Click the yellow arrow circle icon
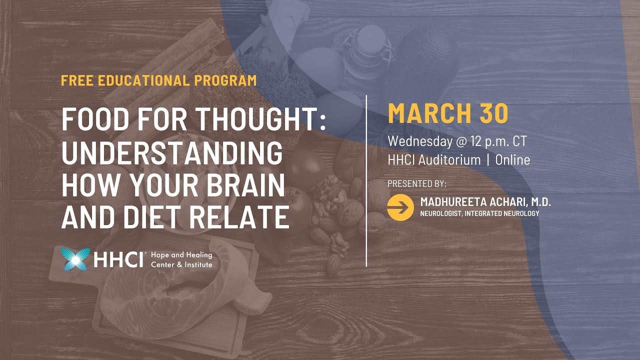point(400,207)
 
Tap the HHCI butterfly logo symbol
point(75,259)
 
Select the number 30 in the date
point(494,113)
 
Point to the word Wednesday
point(419,141)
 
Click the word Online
point(512,160)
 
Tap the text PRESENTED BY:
point(416,183)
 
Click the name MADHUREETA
point(450,202)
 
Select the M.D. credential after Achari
point(538,202)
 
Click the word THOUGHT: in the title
point(260,121)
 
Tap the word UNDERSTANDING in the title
point(172,153)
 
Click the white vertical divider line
point(367,180)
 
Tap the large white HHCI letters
point(119,259)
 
